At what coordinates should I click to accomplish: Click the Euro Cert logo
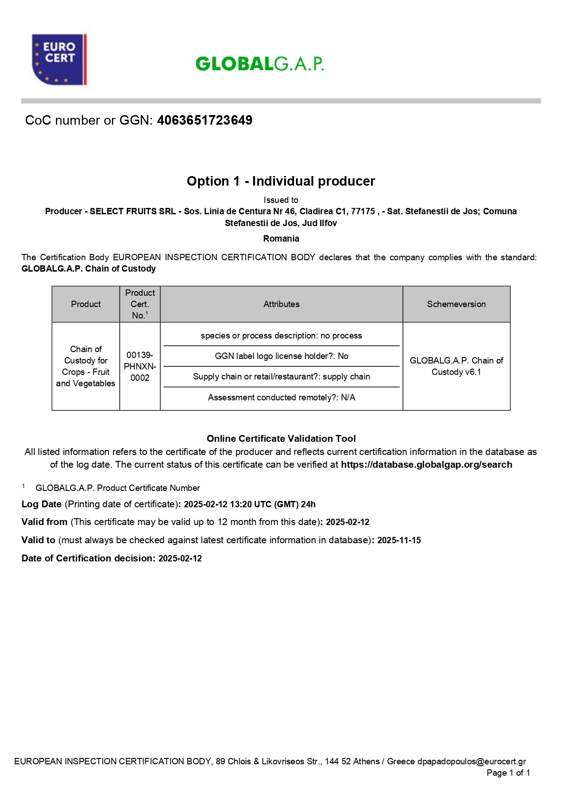coord(59,59)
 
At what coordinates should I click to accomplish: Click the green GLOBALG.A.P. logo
coord(260,64)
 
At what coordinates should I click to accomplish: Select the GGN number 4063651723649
coord(204,120)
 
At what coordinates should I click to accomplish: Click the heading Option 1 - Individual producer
coord(281,181)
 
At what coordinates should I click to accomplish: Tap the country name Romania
coord(281,238)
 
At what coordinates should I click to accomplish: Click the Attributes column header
coord(281,304)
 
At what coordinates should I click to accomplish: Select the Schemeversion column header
coord(456,304)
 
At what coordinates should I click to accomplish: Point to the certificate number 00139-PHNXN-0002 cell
coord(140,366)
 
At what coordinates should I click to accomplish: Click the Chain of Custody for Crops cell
coord(86,366)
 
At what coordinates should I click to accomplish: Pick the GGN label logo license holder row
coord(281,356)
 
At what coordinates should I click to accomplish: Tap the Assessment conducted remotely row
coord(281,397)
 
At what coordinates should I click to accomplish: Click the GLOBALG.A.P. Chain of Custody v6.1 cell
coord(456,366)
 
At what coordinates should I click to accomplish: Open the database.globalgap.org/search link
coord(427,465)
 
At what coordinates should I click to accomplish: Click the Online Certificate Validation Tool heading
coord(281,439)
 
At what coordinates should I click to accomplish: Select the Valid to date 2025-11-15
coord(399,540)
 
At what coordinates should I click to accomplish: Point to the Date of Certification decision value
coord(180,558)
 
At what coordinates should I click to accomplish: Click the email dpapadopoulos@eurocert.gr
coord(472,761)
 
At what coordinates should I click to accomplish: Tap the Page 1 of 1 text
coord(508,773)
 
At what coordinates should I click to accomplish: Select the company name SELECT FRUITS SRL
coord(132,211)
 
